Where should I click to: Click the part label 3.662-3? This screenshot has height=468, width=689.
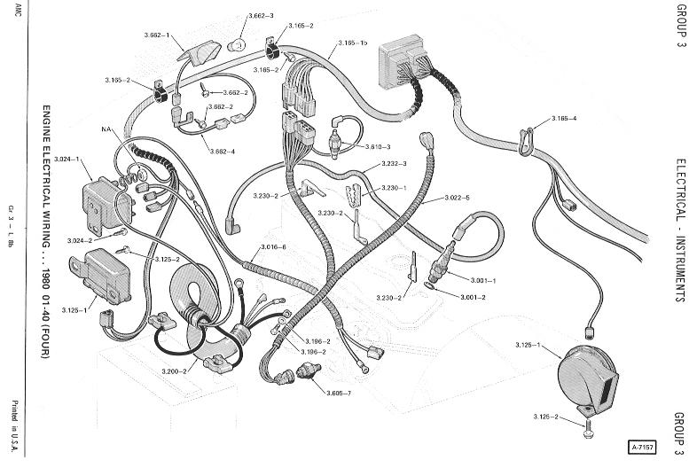pyautogui.click(x=261, y=17)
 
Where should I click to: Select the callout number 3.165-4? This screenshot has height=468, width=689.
pyautogui.click(x=563, y=118)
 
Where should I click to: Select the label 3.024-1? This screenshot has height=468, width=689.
pyautogui.click(x=67, y=160)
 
